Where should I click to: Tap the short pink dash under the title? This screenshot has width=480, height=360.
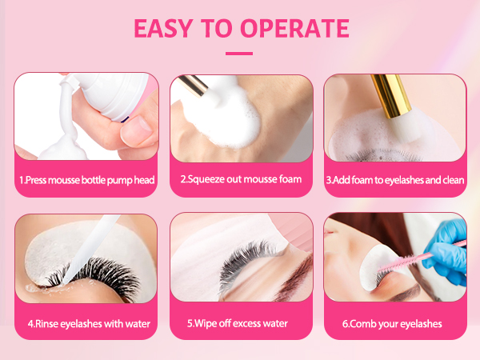[239, 54]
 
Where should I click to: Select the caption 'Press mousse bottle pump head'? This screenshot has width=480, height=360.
[86, 180]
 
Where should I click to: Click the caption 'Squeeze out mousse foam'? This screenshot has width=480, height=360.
[241, 179]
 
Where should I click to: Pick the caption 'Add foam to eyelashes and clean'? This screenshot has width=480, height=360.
[395, 180]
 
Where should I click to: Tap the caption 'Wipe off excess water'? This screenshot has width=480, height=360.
[241, 324]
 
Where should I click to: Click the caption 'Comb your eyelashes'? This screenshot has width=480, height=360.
[395, 324]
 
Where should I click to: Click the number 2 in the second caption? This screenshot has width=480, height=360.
[183, 179]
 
